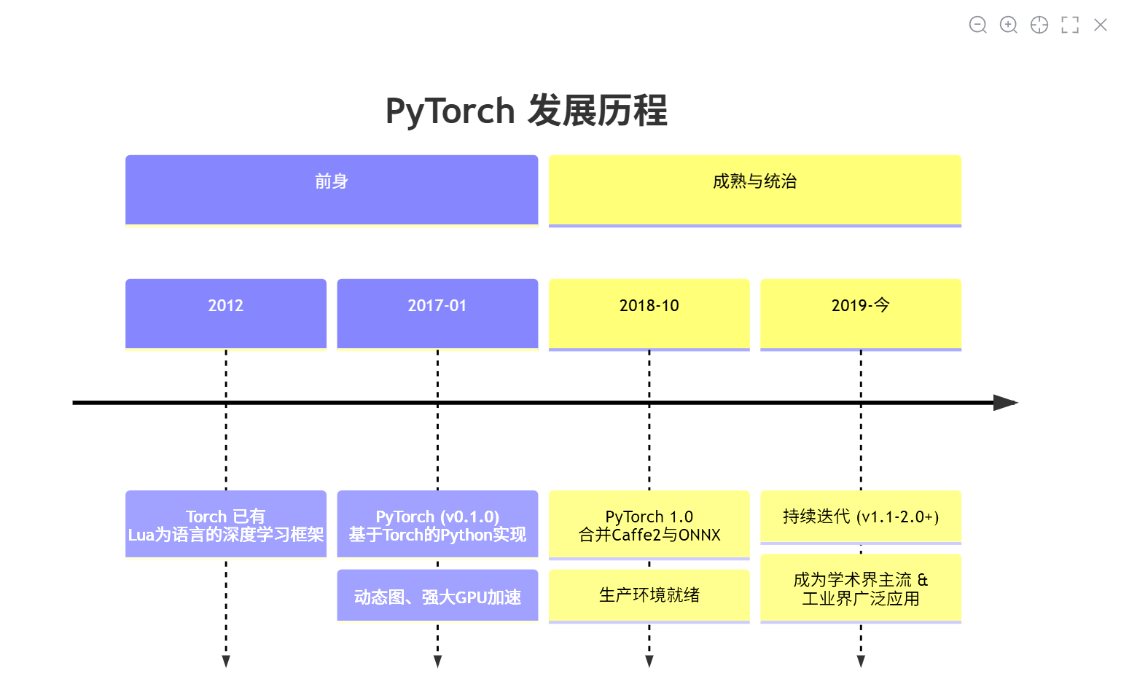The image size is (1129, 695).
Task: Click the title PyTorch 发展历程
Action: [526, 111]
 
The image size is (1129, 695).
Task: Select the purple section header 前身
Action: [332, 189]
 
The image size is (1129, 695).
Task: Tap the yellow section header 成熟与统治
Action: [754, 189]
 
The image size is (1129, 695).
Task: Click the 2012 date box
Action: [226, 313]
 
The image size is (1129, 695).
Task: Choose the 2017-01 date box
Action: [437, 313]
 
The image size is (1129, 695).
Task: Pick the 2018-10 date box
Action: [649, 313]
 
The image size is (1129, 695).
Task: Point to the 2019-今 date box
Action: [861, 313]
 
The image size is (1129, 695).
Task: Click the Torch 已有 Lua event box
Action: [226, 525]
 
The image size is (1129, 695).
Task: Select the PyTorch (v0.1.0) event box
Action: [437, 525]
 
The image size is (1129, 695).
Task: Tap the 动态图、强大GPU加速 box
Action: [437, 596]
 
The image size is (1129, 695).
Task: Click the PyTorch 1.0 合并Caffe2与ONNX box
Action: [649, 525]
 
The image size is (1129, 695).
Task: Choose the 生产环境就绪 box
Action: [649, 595]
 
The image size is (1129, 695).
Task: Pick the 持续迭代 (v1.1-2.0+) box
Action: [861, 517]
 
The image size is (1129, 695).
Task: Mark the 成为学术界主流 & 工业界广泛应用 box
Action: [861, 589]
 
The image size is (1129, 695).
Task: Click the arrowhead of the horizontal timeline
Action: [1006, 402]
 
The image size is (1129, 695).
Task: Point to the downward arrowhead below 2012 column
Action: [226, 661]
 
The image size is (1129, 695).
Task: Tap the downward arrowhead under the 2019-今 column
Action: [861, 661]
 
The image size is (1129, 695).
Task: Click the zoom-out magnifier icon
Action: [977, 25]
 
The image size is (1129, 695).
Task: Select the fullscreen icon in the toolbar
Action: [1070, 25]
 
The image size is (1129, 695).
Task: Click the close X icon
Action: [1101, 25]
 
